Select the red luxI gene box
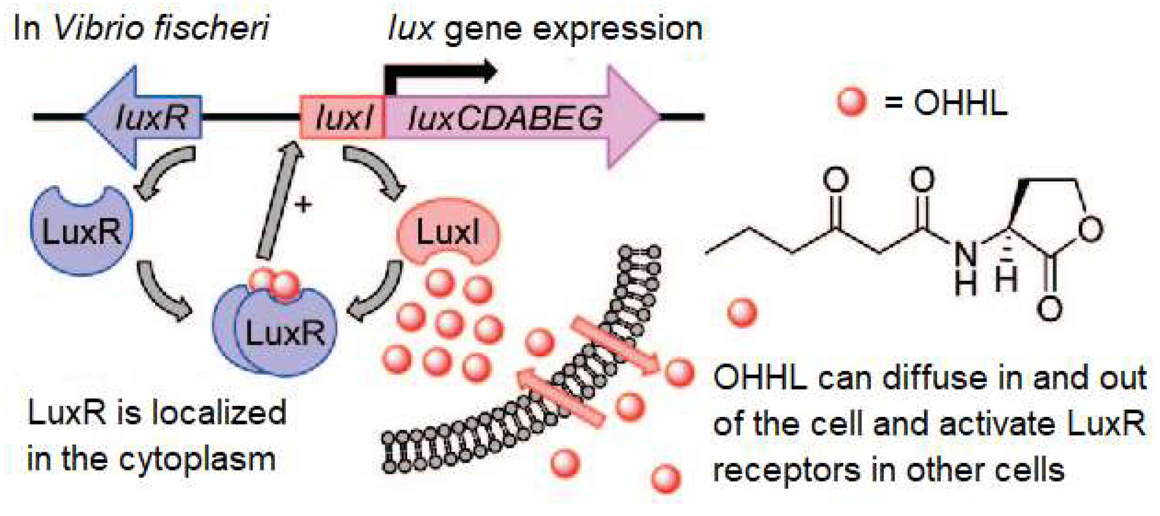point(343,117)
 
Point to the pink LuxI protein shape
point(448,234)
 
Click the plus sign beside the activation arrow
point(303,205)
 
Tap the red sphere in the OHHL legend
point(851,102)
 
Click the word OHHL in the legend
point(959,103)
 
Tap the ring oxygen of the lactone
point(1091,229)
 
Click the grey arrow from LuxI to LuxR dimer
point(378,293)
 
